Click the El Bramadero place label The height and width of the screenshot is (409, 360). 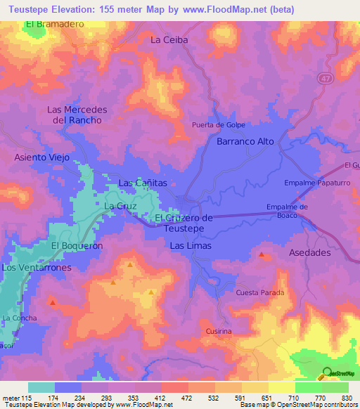55,24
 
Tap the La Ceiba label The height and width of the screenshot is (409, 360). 169,40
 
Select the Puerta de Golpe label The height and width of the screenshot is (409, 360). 218,125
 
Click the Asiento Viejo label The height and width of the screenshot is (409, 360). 42,157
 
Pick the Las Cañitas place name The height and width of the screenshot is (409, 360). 143,183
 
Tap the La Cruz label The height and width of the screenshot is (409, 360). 119,205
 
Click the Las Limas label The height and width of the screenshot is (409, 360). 191,246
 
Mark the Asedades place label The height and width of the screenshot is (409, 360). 309,252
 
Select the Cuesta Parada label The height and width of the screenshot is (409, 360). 260,292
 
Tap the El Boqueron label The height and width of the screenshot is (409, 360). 77,245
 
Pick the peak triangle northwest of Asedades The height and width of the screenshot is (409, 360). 262,254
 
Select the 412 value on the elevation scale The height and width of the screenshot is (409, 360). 160,399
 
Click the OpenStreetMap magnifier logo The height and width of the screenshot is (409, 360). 326,373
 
